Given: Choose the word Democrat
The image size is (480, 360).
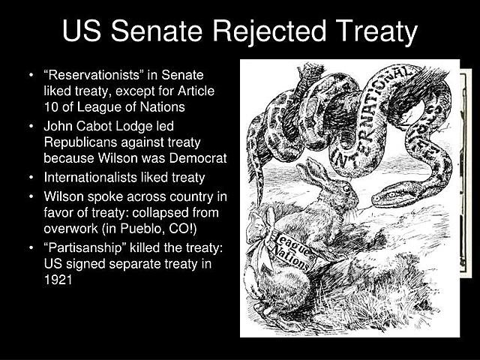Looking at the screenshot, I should (201, 158).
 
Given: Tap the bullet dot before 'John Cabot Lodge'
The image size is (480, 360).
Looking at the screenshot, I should (31, 126).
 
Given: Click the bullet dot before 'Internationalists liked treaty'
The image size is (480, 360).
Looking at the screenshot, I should (31, 178).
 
